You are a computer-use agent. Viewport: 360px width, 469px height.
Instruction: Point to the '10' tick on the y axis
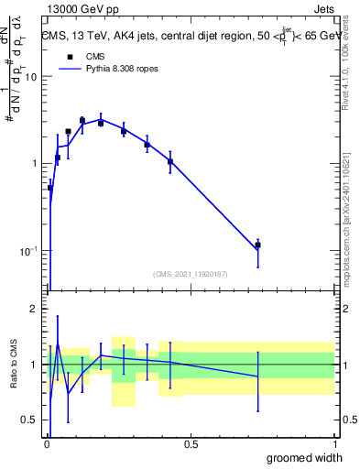[x=29, y=77]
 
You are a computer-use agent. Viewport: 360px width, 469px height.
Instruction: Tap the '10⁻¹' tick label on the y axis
[x=27, y=251]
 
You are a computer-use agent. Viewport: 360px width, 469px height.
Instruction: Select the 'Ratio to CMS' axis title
[x=13, y=364]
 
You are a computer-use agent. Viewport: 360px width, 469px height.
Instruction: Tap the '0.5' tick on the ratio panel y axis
[x=29, y=420]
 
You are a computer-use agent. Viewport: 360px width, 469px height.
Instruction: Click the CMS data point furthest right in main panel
[x=258, y=245]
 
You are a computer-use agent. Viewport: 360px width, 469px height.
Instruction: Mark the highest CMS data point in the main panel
[x=82, y=120]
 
